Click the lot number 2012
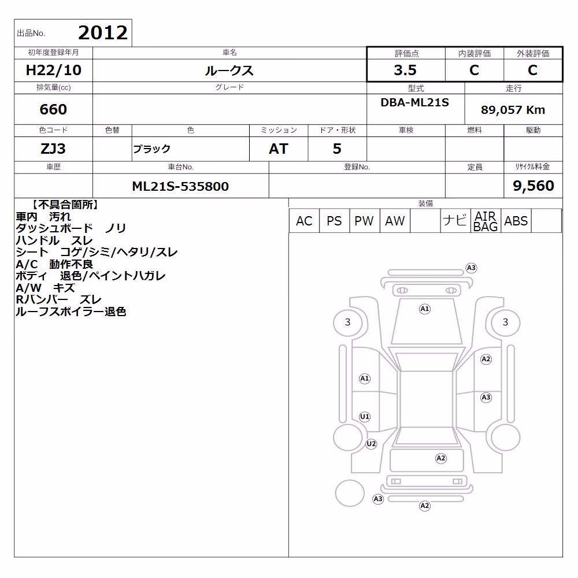(103, 33)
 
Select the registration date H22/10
(53, 70)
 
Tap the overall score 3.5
(405, 70)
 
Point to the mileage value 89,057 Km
(513, 110)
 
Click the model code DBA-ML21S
(414, 102)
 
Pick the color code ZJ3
(53, 149)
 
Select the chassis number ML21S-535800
(180, 186)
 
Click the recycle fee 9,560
(533, 186)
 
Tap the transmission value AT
(279, 149)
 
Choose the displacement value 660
(53, 109)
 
